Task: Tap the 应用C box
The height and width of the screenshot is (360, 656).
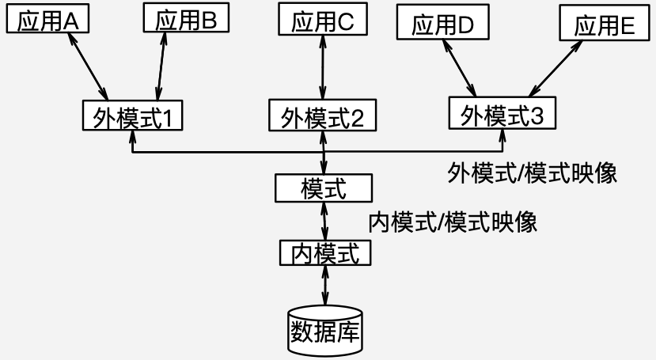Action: click(x=323, y=21)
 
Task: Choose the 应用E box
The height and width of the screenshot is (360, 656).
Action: click(x=605, y=25)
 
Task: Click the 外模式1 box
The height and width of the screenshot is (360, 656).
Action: click(x=132, y=116)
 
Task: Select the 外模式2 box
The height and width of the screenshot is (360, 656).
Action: click(x=323, y=117)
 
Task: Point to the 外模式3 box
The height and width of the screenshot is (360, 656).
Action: click(x=502, y=114)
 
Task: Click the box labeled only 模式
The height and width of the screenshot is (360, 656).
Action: click(x=323, y=188)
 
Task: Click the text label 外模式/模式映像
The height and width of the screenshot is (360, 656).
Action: click(x=532, y=172)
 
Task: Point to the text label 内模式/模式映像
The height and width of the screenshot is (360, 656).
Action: click(x=453, y=222)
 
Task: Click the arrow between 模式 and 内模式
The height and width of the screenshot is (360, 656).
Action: click(x=324, y=221)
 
